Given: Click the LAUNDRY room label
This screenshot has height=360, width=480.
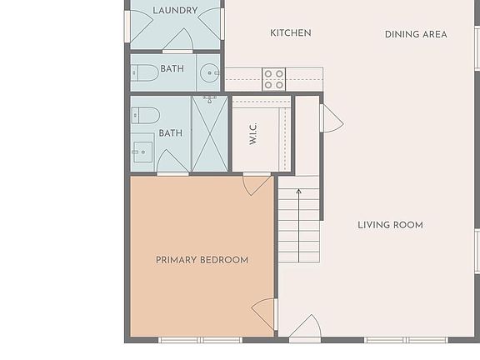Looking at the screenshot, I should (x=175, y=11).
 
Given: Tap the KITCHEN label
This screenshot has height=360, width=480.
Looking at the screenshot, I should (x=291, y=33).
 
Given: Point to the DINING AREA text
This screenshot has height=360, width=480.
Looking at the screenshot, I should (x=416, y=34).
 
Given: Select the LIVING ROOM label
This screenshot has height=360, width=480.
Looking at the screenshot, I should (x=390, y=225).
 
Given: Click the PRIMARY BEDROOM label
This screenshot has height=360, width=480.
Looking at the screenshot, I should (x=202, y=260).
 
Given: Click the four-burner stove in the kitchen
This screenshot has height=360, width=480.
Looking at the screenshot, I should (x=274, y=79).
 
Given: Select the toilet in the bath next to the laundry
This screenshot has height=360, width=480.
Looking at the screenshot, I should (x=147, y=72).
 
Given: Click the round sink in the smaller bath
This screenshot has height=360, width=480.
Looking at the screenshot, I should (x=209, y=71).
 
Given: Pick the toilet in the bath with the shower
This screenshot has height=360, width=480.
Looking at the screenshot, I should (x=146, y=114).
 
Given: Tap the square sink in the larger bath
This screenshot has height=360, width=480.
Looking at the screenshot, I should (x=142, y=151).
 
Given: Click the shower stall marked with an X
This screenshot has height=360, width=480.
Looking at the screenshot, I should (x=209, y=134).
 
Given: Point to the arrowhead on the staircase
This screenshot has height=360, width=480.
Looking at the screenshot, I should (x=298, y=193).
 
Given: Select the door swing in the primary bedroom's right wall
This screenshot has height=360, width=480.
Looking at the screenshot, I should (x=265, y=313).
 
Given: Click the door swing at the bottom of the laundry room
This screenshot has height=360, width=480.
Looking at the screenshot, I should (x=177, y=40).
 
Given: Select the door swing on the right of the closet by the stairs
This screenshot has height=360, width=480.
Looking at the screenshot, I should (x=331, y=118).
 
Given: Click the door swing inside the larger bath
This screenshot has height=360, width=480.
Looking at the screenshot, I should (x=172, y=162).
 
